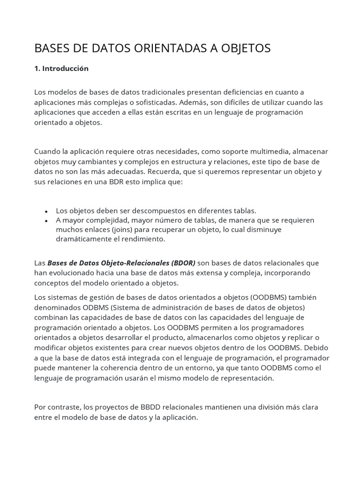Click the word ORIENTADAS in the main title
coord(158,48)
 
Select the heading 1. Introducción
coord(61,68)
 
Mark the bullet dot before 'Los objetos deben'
coord(46,211)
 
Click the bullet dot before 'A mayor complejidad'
coord(46,221)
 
